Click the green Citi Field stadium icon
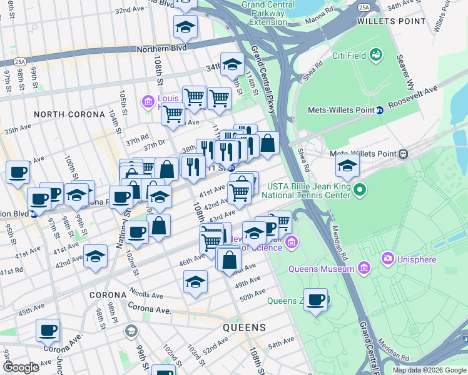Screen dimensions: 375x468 (375, 56)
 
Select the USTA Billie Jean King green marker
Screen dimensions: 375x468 (360, 188)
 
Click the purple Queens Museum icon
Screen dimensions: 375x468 (365, 269)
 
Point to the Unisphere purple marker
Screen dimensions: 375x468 (388, 257)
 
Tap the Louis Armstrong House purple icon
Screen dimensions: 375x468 (148, 101)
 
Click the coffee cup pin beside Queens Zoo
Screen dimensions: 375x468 (315, 299)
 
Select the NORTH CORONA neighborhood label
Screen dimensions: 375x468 (69, 114)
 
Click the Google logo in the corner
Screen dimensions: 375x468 (22, 367)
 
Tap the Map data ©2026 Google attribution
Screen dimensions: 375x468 (429, 370)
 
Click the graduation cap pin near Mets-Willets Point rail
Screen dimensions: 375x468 (347, 166)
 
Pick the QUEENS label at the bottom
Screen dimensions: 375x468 (245, 327)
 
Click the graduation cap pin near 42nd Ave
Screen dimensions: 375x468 (95, 256)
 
